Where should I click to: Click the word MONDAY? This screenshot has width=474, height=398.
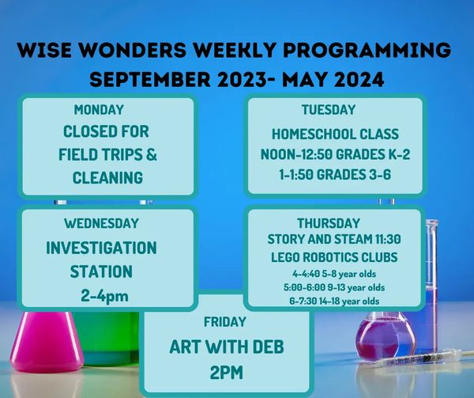(99, 109)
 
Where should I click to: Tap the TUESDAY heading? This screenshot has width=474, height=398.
(329, 109)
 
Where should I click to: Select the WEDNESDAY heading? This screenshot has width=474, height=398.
(101, 223)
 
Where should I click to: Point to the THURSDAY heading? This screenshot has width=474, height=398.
(329, 223)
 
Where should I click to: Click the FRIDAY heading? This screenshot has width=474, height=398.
(225, 322)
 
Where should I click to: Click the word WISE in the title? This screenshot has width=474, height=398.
(44, 50)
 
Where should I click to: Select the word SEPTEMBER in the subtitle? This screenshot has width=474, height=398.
(150, 80)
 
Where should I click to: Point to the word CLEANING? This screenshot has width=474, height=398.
(107, 178)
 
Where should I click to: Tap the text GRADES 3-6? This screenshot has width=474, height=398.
(354, 175)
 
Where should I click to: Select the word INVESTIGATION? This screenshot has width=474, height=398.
(101, 248)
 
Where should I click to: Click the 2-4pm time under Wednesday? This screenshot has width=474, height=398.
(104, 296)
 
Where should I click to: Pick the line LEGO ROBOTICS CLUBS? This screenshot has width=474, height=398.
(334, 257)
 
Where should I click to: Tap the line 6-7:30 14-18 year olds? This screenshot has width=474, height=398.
(334, 301)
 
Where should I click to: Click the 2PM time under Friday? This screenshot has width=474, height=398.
(227, 373)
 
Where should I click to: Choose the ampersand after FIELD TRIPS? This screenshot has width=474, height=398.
(151, 154)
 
